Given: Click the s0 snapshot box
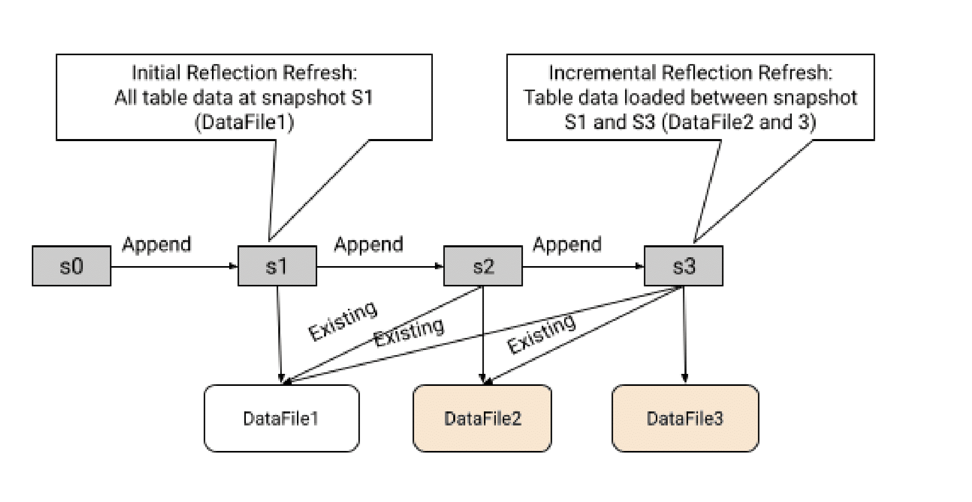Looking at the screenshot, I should point(71,266).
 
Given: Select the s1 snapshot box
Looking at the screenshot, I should point(277,266).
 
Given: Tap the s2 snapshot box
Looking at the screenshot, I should point(482,266).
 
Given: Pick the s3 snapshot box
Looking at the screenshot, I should point(683,266).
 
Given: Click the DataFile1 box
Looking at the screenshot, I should point(281,418).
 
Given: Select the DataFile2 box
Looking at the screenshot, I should point(482,418).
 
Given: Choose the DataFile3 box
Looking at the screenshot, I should point(684,418).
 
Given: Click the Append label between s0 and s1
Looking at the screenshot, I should point(156,244).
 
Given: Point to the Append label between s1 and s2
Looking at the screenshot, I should point(368,244).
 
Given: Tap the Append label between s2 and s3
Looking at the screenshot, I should point(567,244).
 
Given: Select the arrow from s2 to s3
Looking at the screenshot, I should point(583,267).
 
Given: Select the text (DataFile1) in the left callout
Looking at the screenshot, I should point(244,122).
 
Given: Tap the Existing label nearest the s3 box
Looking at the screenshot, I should point(541,335).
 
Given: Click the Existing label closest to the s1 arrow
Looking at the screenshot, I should point(342,320).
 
